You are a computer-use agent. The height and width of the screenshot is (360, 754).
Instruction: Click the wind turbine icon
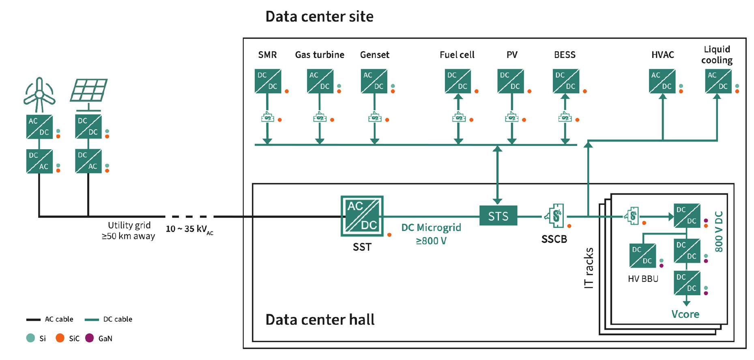(x=39, y=95)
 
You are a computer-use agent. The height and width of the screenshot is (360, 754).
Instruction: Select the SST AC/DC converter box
(x=362, y=216)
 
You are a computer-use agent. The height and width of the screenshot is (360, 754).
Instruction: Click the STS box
(x=498, y=216)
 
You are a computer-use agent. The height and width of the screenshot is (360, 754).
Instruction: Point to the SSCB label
(x=554, y=239)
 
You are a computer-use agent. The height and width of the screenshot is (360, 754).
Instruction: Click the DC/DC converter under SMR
(x=268, y=81)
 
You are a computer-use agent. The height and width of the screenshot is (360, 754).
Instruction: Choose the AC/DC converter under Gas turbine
(x=320, y=81)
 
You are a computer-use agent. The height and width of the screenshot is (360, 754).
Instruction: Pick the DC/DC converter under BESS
(x=565, y=81)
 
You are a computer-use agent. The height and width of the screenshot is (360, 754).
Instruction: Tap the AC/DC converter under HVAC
(x=662, y=81)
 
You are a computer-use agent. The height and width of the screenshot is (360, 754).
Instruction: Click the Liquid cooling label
(x=717, y=55)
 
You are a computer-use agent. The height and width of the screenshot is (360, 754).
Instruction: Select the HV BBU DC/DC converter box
(x=642, y=255)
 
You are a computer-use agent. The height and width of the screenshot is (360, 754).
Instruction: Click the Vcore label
(x=685, y=314)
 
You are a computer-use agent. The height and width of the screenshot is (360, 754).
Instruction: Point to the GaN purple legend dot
(x=90, y=338)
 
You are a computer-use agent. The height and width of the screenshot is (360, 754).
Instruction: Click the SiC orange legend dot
(x=60, y=338)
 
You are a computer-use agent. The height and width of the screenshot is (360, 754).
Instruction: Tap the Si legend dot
(x=30, y=338)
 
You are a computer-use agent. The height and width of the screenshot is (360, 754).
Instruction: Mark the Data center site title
(x=319, y=17)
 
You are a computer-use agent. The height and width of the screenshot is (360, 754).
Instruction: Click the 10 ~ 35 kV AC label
(x=189, y=229)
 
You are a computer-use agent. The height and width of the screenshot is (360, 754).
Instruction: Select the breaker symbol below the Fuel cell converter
(x=458, y=118)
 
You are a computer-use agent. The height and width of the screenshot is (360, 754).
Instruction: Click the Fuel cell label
(x=457, y=55)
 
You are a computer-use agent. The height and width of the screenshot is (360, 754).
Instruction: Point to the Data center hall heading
(x=320, y=320)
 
